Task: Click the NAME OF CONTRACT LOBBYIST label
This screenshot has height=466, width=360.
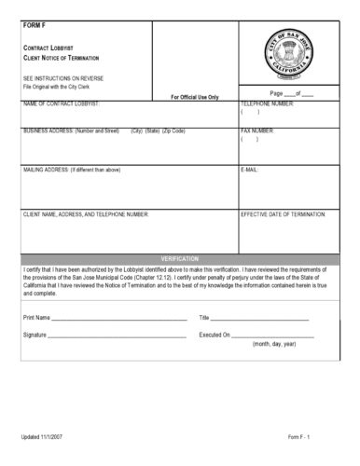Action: click(62, 103)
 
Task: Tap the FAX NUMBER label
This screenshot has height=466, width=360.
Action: click(256, 131)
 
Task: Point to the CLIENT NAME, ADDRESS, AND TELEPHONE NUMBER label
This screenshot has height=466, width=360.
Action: click(85, 213)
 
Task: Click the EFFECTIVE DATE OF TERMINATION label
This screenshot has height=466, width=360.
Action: click(283, 213)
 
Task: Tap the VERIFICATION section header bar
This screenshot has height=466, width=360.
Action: click(179, 257)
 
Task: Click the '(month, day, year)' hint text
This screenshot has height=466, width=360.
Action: click(274, 345)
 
